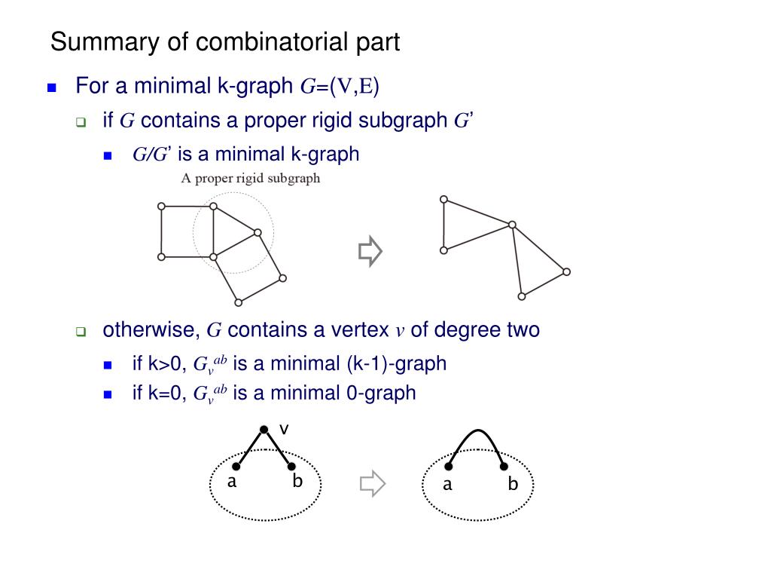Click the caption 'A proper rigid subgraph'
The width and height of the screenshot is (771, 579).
coord(251,179)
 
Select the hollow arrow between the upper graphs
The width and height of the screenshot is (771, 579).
coord(370,252)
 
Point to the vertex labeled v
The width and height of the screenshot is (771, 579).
coord(264,430)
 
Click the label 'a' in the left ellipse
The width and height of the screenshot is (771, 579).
coord(233,482)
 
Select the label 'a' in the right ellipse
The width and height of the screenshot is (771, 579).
coord(447,485)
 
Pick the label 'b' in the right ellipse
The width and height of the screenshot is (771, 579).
coord(513,485)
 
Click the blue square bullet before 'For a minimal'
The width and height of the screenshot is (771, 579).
coord(52,87)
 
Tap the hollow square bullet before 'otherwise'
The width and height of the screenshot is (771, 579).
coord(81,332)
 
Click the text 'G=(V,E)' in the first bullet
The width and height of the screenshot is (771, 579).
coord(340,87)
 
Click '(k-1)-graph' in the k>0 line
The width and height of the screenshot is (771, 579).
coord(397,363)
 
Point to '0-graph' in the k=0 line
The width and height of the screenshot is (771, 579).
coord(381,393)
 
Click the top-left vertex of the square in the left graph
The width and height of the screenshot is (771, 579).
coord(161,206)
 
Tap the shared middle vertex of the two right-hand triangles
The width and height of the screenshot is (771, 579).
coord(512,225)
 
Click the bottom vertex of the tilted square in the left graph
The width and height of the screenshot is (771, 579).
coord(239,303)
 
